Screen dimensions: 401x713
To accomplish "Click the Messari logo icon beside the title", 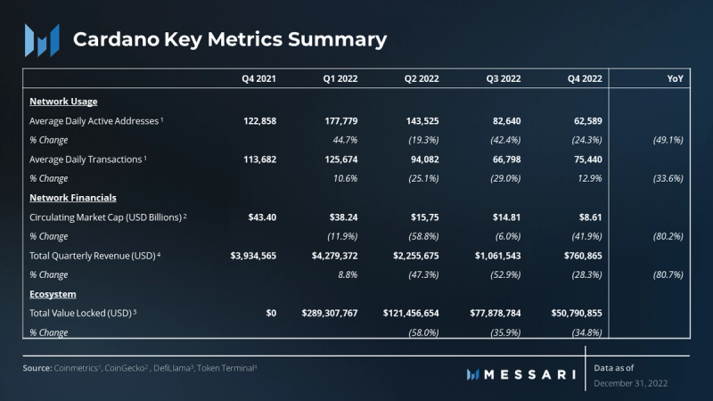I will [41, 40].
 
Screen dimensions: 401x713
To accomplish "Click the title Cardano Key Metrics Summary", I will [229, 39].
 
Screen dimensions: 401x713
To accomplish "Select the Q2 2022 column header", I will [422, 79].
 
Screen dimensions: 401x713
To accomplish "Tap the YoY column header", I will [675, 79].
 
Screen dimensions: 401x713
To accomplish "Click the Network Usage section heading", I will [63, 102].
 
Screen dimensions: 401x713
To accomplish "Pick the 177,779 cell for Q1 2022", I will [340, 120].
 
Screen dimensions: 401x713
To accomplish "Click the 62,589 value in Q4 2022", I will [585, 120].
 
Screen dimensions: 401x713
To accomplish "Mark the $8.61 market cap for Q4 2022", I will [588, 217].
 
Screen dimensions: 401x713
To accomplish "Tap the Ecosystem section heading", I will [53, 294].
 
